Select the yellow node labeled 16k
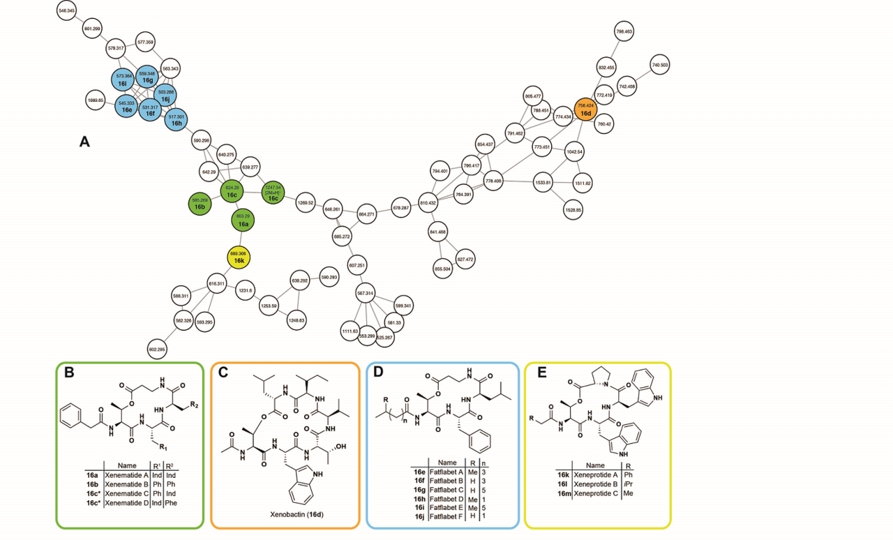(x=239, y=257)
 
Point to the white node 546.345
(x=68, y=12)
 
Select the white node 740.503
(x=660, y=65)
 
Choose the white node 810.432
(x=428, y=202)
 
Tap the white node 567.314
(x=366, y=294)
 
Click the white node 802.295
(x=157, y=349)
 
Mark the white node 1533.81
(x=543, y=183)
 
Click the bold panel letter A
(x=84, y=142)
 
